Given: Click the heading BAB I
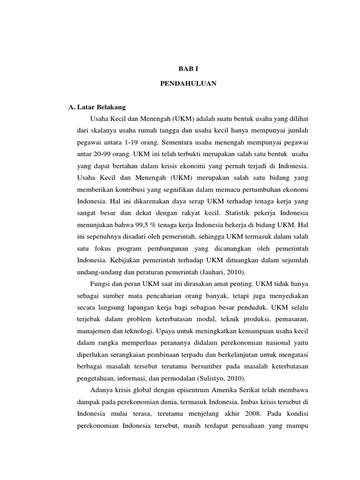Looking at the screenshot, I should pyautogui.click(x=180, y=68).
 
